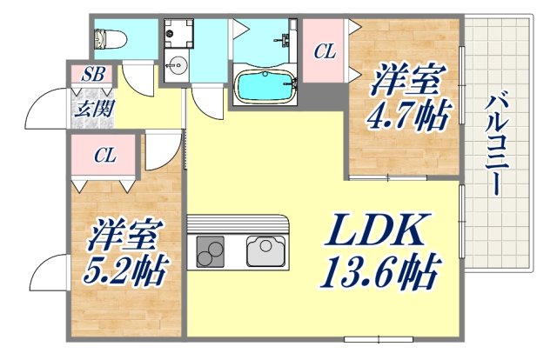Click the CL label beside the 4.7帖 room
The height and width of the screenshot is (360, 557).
(x=325, y=52)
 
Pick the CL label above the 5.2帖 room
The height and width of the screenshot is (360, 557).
(x=105, y=157)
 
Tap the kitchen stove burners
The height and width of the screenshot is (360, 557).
(x=210, y=251)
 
